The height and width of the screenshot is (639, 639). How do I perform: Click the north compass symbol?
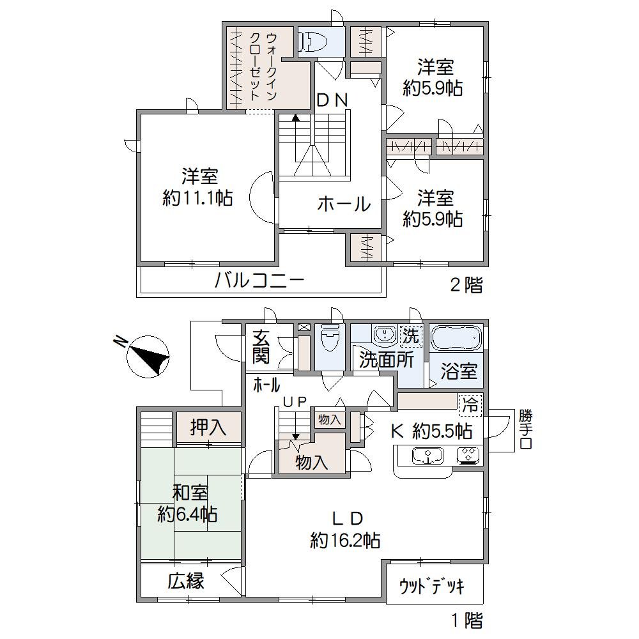tap(148, 355)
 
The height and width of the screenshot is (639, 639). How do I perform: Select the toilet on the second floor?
tap(313, 42)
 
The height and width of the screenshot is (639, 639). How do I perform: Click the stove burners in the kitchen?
tap(465, 456)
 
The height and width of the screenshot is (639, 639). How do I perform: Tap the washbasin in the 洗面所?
tap(383, 334)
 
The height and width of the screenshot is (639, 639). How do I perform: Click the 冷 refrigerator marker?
tap(470, 404)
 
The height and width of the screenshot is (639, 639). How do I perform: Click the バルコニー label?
tap(259, 281)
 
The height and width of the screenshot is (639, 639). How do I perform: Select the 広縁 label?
tap(186, 581)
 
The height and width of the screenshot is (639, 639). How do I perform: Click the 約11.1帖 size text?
tap(197, 198)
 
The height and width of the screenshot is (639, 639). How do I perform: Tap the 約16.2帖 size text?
tap(345, 541)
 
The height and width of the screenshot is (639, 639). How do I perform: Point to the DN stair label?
tap(332, 100)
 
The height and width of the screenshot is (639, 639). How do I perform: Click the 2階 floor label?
tap(466, 285)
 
